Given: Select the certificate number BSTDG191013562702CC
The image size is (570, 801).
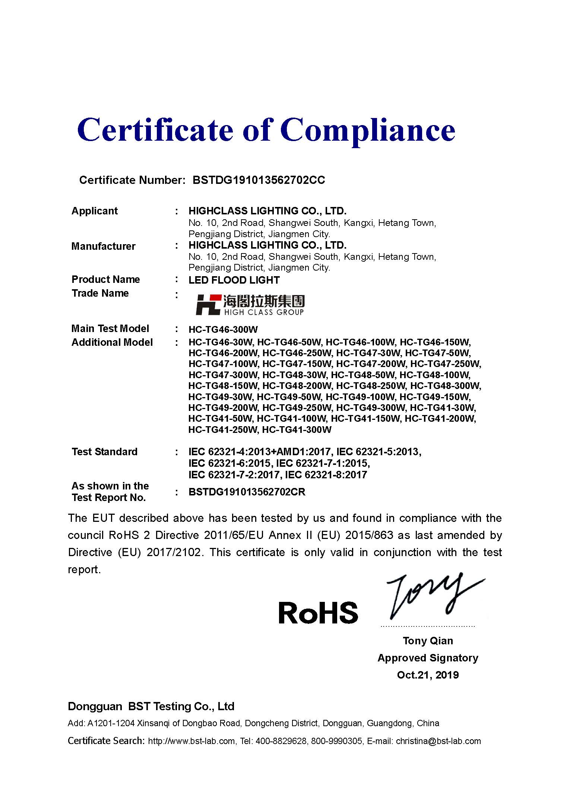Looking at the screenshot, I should [x=259, y=180].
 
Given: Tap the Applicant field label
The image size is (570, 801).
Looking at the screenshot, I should [x=95, y=211].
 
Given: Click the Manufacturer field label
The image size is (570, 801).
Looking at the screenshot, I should [x=103, y=246].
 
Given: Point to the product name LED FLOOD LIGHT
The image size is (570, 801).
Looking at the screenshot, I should [x=234, y=280].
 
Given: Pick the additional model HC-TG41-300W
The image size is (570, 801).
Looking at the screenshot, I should [x=297, y=430].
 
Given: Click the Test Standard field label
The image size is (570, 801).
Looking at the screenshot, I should [x=105, y=452].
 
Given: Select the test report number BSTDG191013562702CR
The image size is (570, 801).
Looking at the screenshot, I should [x=247, y=492].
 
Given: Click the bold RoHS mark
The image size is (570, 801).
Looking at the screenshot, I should [x=318, y=613].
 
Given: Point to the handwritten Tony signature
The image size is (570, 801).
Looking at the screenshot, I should [x=432, y=596].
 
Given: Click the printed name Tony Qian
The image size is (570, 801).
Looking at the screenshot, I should [x=428, y=641].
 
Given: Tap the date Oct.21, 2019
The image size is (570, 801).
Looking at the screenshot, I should [x=428, y=675].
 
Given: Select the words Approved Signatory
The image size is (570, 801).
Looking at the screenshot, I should [x=428, y=658].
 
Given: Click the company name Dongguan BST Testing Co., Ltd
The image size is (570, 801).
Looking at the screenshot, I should [x=151, y=706].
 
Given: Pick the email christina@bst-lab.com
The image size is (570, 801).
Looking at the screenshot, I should [x=438, y=741].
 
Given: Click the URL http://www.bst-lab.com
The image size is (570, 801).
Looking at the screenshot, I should [x=191, y=741].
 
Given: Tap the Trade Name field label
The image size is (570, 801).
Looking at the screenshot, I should [x=100, y=293].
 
